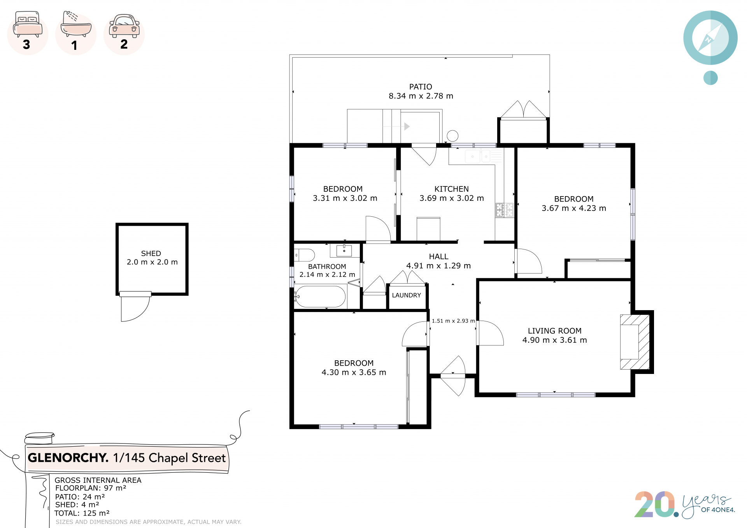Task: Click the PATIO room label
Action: pyautogui.click(x=421, y=87)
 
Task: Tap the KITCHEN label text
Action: pyautogui.click(x=451, y=189)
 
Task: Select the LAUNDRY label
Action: pyautogui.click(x=407, y=295)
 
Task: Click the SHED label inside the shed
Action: pyautogui.click(x=151, y=253)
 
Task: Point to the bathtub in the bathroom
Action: pyautogui.click(x=320, y=297)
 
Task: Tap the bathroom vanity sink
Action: pyautogui.click(x=344, y=251)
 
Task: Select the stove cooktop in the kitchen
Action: pyautogui.click(x=504, y=210)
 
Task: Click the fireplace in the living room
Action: pyautogui.click(x=635, y=342)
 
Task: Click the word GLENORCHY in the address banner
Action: pyautogui.click(x=68, y=458)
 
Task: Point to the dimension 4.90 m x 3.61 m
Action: pyautogui.click(x=554, y=340)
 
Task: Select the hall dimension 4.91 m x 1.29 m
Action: pyautogui.click(x=438, y=266)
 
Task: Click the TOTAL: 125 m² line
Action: pyautogui.click(x=82, y=513)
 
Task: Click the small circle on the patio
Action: pyautogui.click(x=452, y=136)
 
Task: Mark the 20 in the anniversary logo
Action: pyautogui.click(x=655, y=504)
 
